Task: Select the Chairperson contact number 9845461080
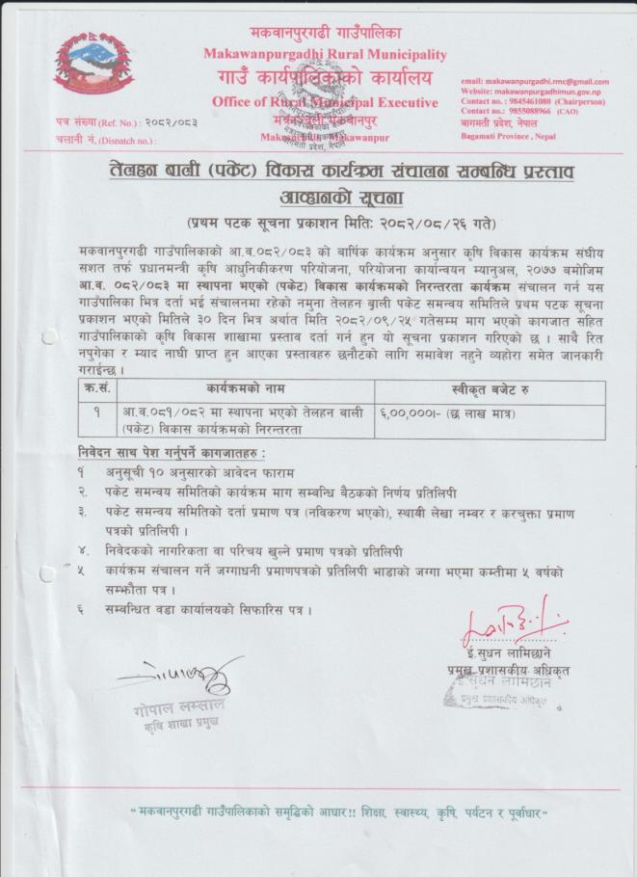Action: point(535,101)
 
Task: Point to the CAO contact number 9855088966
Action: point(535,111)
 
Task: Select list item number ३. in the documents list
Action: point(84,514)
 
